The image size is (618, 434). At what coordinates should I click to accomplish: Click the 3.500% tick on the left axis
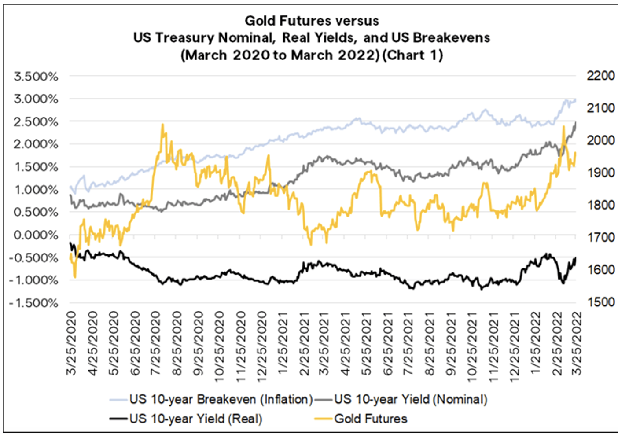tap(36, 77)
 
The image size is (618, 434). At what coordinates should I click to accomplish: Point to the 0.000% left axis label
tap(36, 235)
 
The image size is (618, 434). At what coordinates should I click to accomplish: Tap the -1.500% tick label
tap(33, 303)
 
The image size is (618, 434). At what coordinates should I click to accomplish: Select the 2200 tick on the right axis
tap(600, 76)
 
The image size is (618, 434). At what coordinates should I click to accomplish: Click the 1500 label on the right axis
tap(600, 302)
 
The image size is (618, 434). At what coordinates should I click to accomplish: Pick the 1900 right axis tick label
tap(600, 173)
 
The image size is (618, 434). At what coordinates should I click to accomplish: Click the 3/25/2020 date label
tap(71, 343)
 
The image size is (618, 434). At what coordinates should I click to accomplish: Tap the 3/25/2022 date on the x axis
tap(576, 343)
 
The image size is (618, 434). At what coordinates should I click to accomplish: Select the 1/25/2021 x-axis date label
tap(282, 343)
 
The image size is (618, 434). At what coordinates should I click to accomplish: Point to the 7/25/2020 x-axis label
tap(155, 343)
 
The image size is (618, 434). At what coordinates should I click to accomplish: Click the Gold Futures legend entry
tap(371, 419)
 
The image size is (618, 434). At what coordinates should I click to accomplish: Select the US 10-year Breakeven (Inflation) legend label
tap(221, 399)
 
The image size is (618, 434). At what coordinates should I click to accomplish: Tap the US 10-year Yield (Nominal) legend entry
tap(411, 399)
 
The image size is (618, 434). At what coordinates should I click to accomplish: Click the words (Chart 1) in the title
tap(412, 55)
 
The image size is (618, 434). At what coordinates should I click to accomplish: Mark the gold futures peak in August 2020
tap(162, 125)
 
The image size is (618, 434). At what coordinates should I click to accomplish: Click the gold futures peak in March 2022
tap(563, 127)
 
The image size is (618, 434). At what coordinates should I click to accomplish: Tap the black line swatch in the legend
tap(119, 419)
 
